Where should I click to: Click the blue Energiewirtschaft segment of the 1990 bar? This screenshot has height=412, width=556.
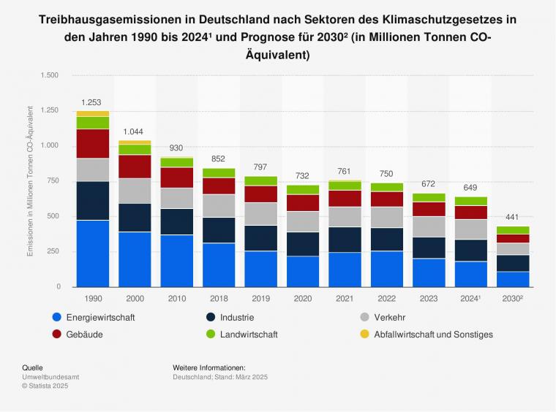(x=92, y=253)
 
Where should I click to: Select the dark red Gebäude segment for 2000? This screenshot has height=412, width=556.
(x=135, y=167)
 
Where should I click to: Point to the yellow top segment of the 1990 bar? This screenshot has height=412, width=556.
(x=92, y=114)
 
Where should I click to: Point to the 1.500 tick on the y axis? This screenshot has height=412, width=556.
(x=49, y=75)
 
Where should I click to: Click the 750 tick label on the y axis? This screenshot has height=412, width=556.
(x=52, y=181)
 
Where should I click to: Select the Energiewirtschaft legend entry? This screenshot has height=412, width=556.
(x=100, y=318)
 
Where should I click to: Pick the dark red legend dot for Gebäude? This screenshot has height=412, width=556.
(x=57, y=335)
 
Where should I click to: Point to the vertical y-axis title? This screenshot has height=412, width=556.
(x=30, y=181)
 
